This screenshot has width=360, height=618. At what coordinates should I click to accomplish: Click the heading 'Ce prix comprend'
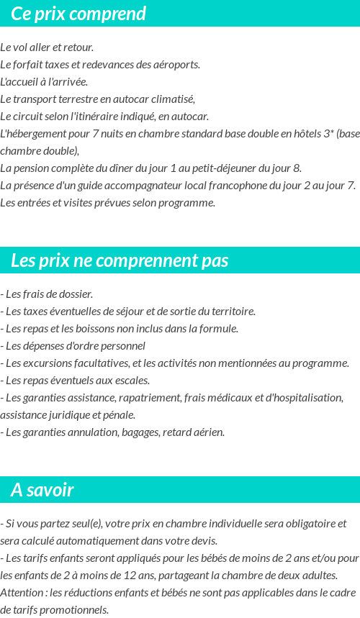coord(78,14)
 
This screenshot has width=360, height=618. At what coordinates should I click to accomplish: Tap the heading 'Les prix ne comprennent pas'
coord(120,260)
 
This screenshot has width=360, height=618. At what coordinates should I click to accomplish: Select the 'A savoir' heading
coord(42,490)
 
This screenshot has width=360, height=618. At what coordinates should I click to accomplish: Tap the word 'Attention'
coord(22,593)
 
